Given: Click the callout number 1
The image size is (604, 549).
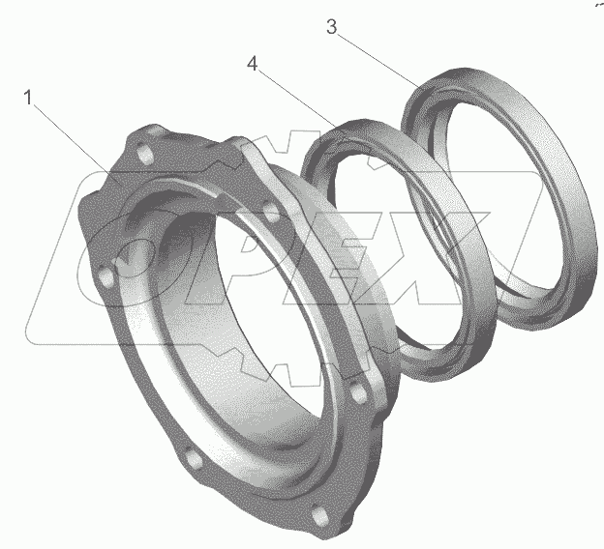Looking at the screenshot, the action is click(28, 98).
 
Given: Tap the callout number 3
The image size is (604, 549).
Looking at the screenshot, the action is click(331, 27).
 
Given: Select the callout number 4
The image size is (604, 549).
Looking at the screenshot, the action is click(253, 64).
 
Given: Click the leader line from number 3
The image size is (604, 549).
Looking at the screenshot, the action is click(379, 61).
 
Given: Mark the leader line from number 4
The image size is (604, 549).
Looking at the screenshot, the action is click(297, 100).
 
